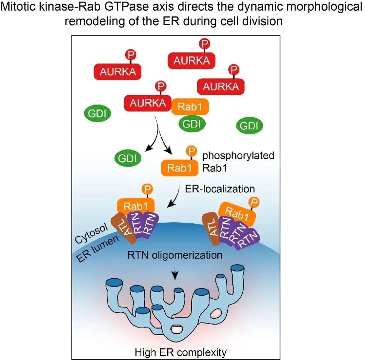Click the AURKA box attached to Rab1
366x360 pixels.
point(147,103)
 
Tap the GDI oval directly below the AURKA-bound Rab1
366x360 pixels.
point(192,124)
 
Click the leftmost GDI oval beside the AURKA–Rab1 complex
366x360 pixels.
point(98,114)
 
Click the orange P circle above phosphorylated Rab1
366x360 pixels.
point(190,151)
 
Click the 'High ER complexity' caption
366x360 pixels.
point(181,353)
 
